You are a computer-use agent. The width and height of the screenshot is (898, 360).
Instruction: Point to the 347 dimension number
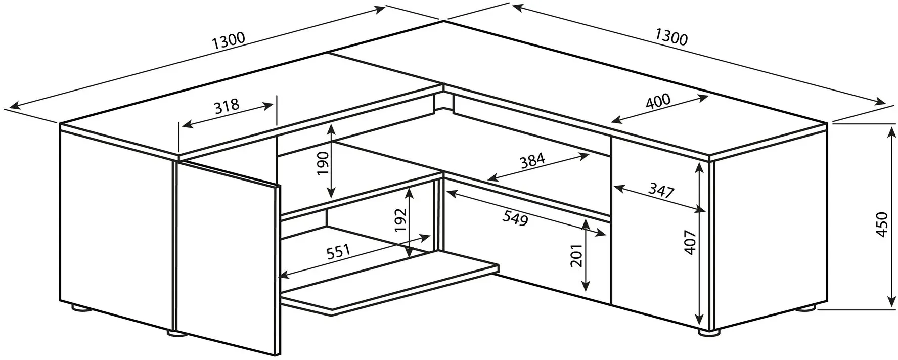pyautogui.click(x=661, y=191)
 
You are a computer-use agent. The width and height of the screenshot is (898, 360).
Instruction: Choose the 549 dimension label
pyautogui.click(x=515, y=218)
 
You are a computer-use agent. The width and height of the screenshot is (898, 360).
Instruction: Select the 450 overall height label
pyautogui.click(x=881, y=224)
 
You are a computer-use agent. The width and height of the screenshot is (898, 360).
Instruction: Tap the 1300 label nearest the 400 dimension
pyautogui.click(x=671, y=37)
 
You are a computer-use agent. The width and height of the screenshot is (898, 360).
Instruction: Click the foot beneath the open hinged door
pyautogui.click(x=176, y=333)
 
